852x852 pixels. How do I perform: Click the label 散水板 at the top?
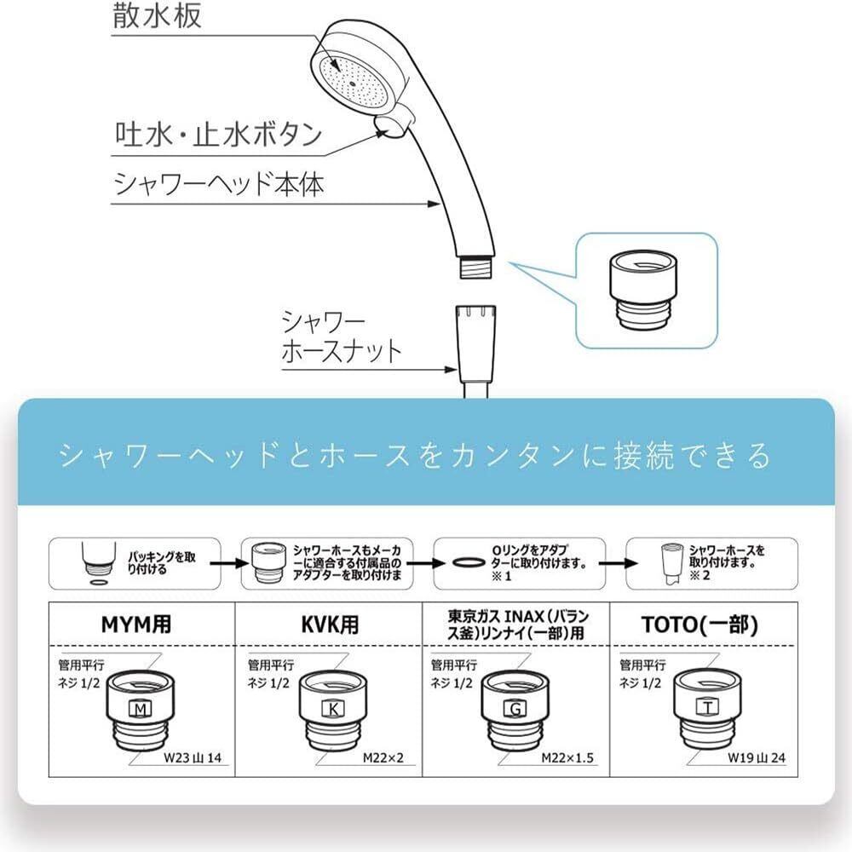pos(157,15)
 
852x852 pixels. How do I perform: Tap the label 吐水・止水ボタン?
pos(218,134)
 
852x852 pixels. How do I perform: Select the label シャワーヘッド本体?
pos(219,184)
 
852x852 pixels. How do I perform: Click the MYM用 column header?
pos(135,625)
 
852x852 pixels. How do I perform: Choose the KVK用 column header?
pos(330,625)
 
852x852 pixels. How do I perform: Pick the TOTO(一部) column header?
pos(699,625)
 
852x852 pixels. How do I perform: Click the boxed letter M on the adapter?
pos(141,708)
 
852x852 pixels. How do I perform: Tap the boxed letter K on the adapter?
pos(332,708)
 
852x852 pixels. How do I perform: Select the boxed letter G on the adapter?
pos(515,708)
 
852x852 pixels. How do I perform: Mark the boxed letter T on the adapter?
pos(708,706)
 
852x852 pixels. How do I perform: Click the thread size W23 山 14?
pos(193,757)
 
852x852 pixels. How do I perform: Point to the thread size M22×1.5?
pos(567,757)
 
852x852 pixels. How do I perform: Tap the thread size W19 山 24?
pos(757,757)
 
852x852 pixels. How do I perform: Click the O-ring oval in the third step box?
pos(469,562)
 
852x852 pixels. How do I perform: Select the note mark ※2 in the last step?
pos(699,575)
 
